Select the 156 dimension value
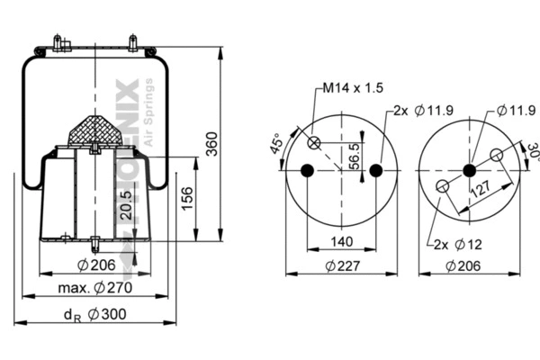(x=185, y=199)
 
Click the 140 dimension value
(x=341, y=242)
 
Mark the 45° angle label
(x=276, y=145)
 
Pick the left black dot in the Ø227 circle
(x=307, y=171)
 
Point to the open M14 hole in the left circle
(x=315, y=143)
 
